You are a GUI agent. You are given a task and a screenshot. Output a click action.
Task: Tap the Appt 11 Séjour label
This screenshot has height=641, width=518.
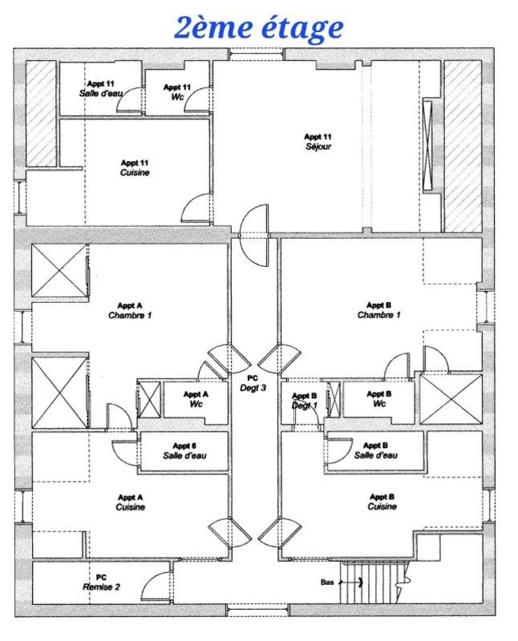[x=318, y=142]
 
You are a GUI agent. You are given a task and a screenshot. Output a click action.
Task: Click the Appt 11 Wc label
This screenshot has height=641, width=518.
[x=176, y=91]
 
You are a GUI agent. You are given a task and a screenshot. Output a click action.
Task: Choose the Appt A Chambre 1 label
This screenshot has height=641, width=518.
[x=130, y=310]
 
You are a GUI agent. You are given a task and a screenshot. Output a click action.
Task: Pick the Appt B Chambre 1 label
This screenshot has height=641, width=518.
[x=378, y=310]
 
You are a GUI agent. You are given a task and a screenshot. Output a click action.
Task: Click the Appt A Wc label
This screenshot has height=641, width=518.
[x=196, y=399]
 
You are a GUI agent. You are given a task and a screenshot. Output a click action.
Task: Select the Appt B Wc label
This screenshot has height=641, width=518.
[x=378, y=399]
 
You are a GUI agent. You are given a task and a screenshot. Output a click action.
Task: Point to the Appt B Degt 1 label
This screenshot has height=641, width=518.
[x=305, y=401]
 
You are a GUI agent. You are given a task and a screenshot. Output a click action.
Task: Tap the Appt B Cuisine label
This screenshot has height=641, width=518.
[x=381, y=502]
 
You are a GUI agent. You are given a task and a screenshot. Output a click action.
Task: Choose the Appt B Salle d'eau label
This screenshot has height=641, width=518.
[x=375, y=450]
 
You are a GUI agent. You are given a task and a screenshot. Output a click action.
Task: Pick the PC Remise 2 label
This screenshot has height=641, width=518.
[x=101, y=582]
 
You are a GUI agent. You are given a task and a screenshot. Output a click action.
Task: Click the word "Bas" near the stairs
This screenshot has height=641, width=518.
[x=326, y=583]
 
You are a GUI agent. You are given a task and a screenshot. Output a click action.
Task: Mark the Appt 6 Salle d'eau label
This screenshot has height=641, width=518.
[x=184, y=450]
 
